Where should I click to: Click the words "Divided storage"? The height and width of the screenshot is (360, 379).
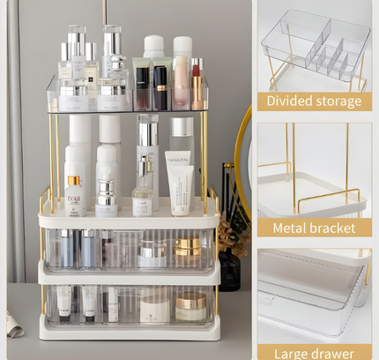[315, 101]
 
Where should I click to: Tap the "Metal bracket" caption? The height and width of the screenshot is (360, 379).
[315, 228]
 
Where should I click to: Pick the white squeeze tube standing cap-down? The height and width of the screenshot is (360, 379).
[180, 185]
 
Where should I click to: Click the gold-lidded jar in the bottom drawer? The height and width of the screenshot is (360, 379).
[190, 306]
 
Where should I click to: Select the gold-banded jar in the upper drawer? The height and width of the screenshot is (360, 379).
[187, 250]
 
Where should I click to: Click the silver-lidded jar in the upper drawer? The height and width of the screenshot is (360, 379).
[152, 254]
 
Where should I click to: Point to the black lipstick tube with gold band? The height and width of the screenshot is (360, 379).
[160, 87]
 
